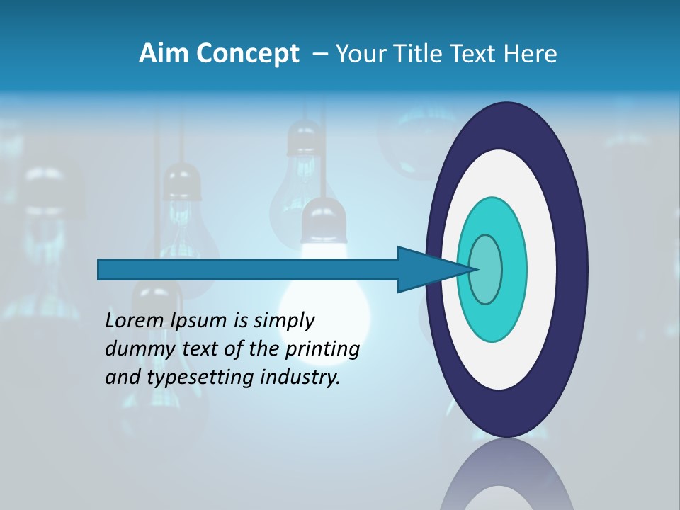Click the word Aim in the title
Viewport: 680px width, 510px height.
point(165,54)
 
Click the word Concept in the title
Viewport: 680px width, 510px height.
point(249,54)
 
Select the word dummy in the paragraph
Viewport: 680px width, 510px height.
point(135,350)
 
